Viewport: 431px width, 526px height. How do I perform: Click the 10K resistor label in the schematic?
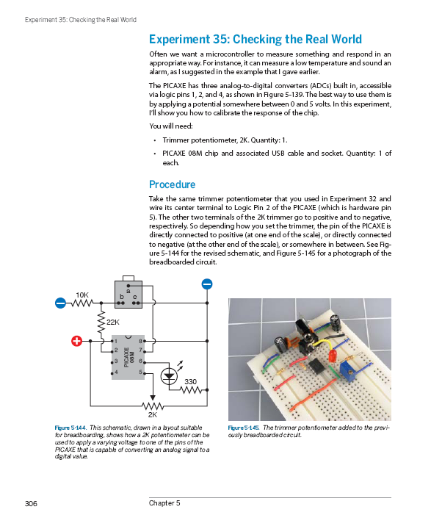(x=82, y=295)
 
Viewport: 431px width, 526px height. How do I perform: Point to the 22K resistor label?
(x=113, y=323)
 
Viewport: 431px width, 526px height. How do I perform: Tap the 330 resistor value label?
(x=190, y=382)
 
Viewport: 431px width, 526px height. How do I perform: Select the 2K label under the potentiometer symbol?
(x=153, y=415)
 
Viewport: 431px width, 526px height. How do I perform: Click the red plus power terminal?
(x=77, y=341)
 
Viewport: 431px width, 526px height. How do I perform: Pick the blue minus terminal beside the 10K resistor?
(x=60, y=303)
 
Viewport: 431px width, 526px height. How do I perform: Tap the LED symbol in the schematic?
(x=169, y=376)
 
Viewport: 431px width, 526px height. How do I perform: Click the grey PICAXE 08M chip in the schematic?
(x=128, y=357)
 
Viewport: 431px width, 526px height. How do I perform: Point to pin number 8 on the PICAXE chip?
(x=140, y=342)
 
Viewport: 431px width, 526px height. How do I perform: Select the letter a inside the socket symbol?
(x=128, y=290)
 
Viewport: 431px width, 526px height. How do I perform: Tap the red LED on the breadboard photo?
(x=333, y=356)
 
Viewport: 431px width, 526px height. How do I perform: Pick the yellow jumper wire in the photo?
(x=324, y=345)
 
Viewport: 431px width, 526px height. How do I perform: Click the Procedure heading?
(x=172, y=184)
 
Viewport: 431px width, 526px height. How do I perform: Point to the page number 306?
(x=31, y=503)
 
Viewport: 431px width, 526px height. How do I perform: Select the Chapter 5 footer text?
(x=164, y=502)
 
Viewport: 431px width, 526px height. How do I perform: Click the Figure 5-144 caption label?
(x=70, y=428)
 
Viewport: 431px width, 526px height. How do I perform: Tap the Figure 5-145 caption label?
(x=244, y=428)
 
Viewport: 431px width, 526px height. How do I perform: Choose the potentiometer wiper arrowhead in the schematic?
(x=153, y=397)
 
